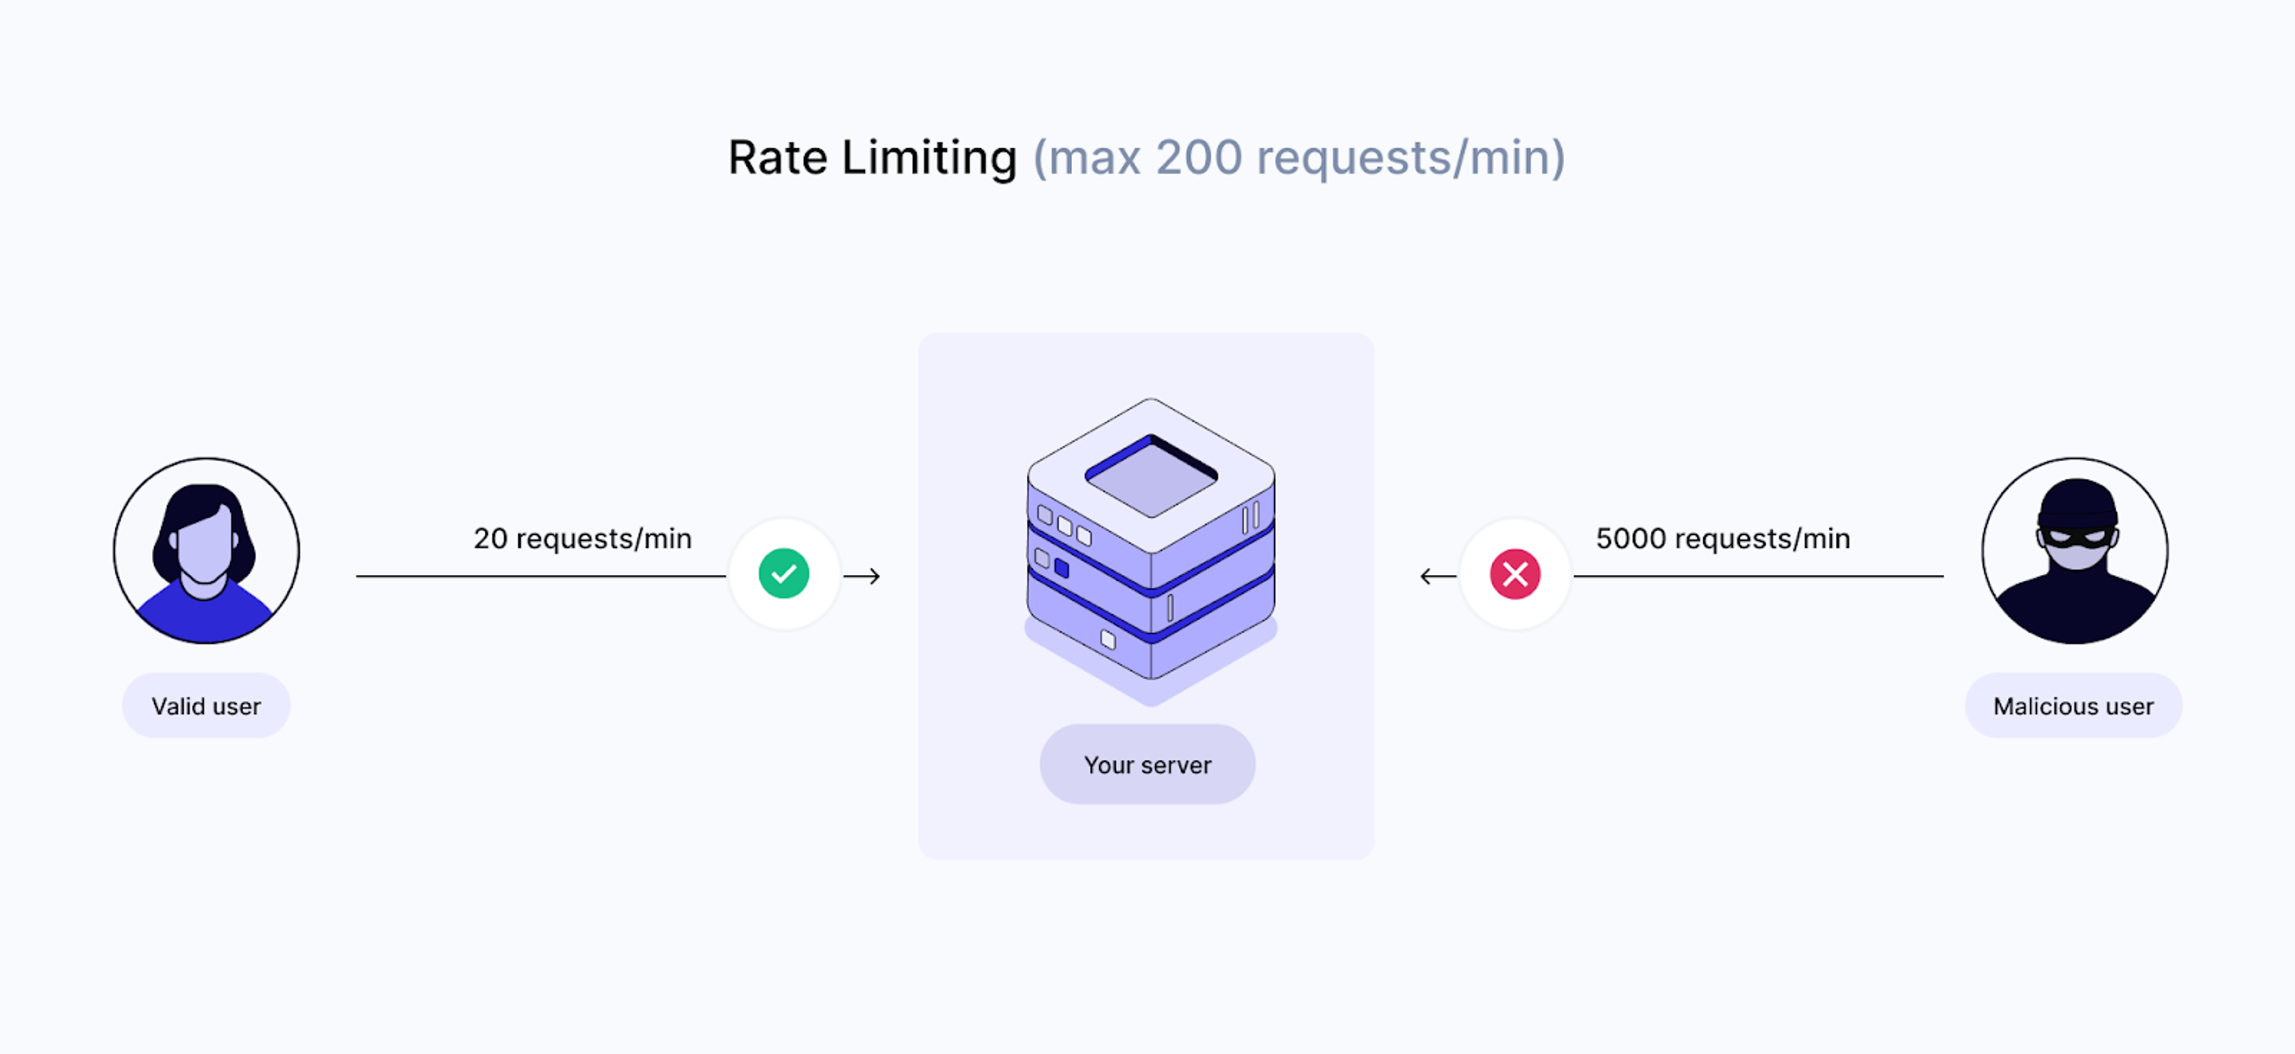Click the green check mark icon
784,574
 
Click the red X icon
1514,574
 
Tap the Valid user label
206,706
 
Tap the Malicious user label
2073,706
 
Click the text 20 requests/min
583,539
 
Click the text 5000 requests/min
1723,539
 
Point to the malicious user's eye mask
2076,537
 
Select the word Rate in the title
778,158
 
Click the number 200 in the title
1198,158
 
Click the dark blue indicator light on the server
1061,568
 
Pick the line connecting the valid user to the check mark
541,577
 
